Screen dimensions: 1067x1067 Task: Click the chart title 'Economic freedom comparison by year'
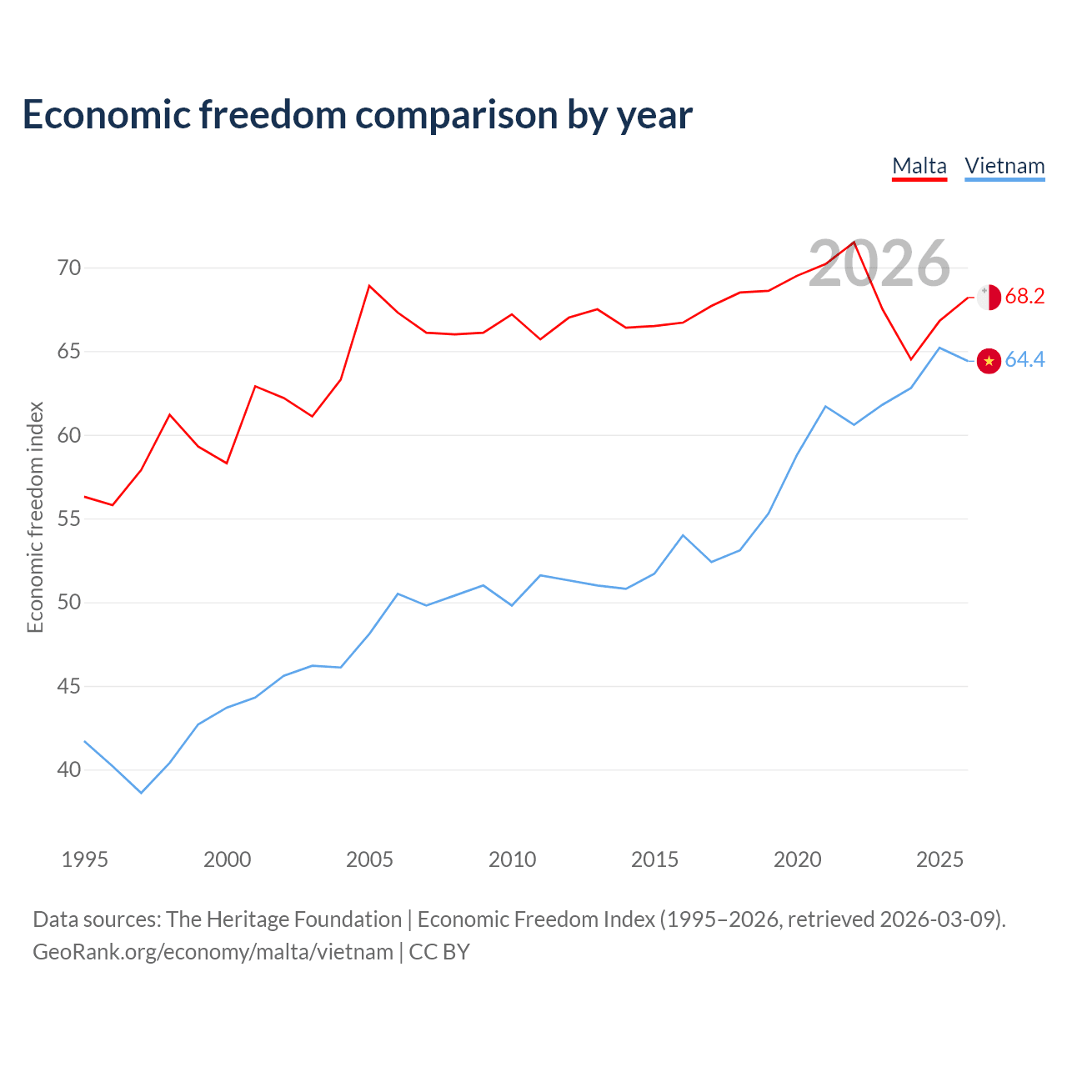357,115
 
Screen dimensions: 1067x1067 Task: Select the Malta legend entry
919,168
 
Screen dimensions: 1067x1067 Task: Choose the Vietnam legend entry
1004,168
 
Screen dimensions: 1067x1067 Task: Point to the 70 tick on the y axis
69,268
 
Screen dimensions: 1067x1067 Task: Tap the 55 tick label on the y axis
69,518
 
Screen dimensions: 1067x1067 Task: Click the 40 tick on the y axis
69,769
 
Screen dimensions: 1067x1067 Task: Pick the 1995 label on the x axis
85,860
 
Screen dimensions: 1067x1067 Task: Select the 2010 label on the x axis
512,860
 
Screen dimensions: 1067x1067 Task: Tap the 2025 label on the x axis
939,860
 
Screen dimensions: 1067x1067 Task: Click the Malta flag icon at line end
989,298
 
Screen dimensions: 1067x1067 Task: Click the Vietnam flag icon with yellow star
989,361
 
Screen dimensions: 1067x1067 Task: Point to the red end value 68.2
1024,297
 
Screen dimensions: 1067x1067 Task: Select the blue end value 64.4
1024,360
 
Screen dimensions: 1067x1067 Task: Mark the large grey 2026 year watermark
879,263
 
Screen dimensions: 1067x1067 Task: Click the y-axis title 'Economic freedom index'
36,517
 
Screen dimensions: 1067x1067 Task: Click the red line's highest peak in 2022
854,242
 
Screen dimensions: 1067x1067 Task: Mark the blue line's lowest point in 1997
141,793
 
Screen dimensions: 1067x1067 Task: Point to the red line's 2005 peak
369,286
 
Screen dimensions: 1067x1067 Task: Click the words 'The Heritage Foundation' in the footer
284,919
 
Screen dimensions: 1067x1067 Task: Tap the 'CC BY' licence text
439,953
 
